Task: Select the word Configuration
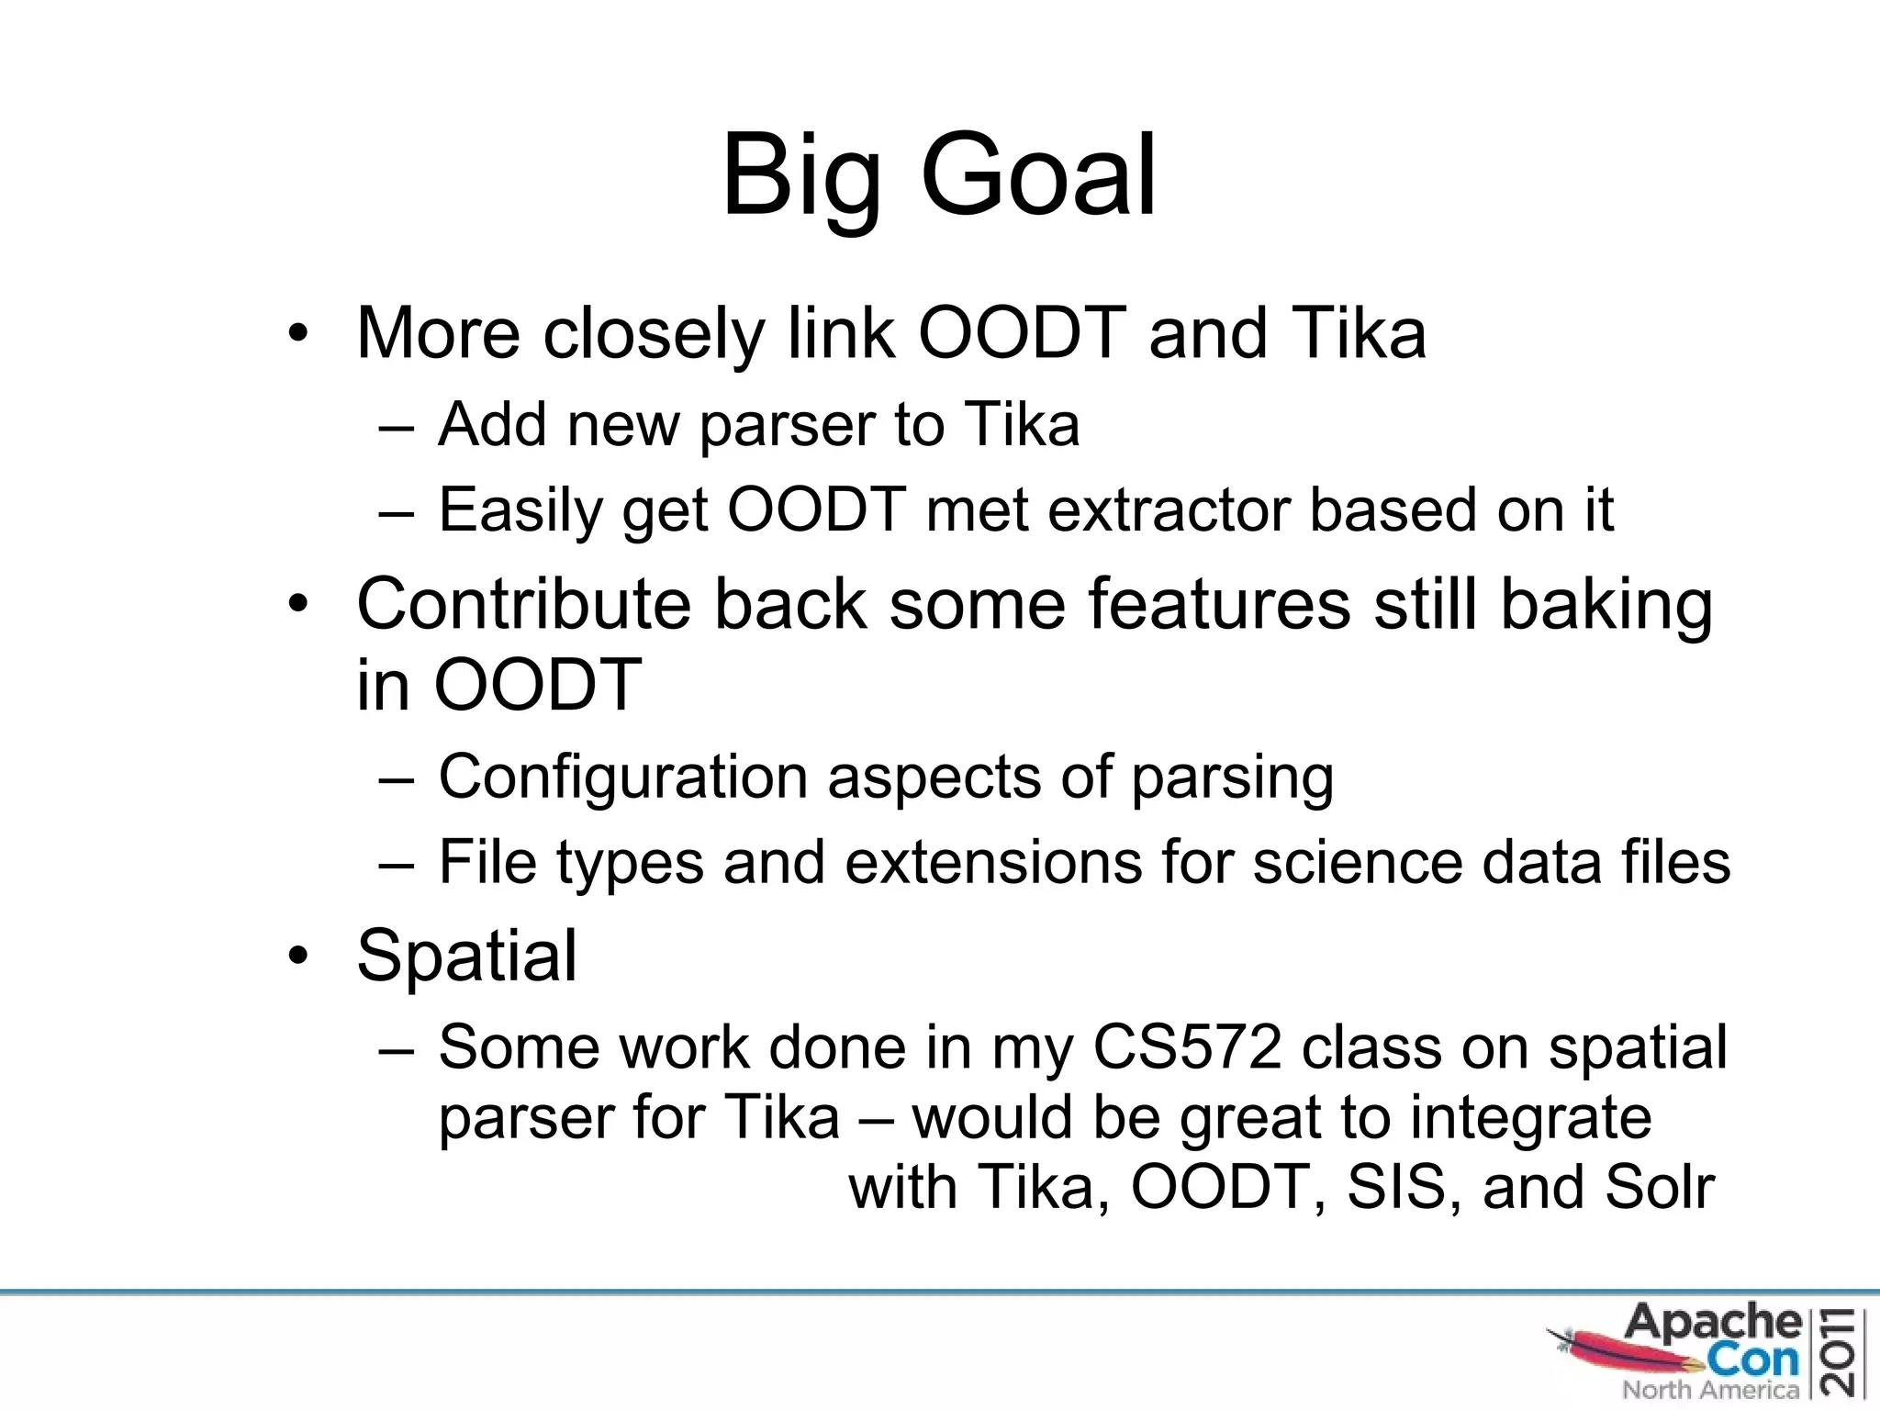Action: [x=622, y=777]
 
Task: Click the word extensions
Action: [x=991, y=862]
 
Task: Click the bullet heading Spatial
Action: [x=466, y=956]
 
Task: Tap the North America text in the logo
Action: [x=1710, y=1390]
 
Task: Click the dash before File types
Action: [x=397, y=863]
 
